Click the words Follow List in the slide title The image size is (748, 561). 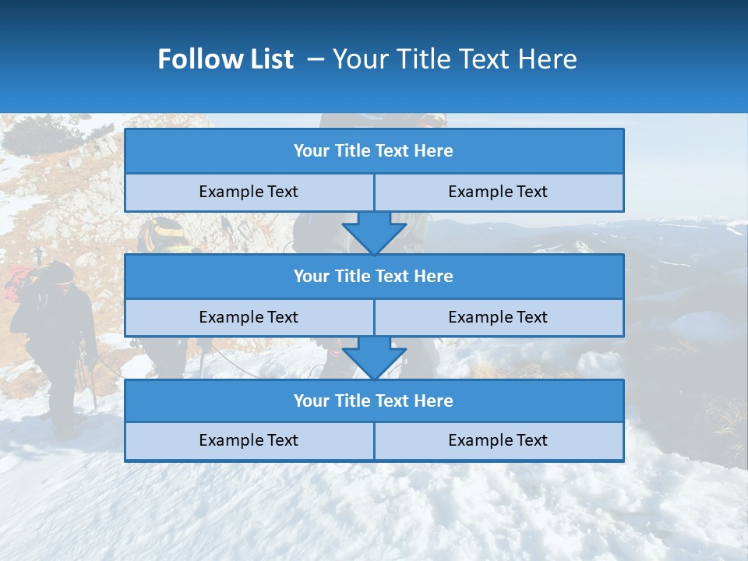[226, 59]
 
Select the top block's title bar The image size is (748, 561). [374, 151]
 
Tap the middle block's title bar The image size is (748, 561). [374, 276]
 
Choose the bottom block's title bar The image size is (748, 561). [374, 400]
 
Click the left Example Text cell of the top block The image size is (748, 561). [249, 192]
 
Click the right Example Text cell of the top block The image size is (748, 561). [498, 192]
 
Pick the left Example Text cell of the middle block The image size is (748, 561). [249, 317]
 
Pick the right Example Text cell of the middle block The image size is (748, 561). [498, 317]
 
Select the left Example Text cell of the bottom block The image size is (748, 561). [249, 440]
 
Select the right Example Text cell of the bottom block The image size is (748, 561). [498, 440]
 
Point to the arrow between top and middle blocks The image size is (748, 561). [374, 233]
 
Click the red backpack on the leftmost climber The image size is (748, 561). [20, 283]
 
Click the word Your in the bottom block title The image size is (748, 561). [312, 400]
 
